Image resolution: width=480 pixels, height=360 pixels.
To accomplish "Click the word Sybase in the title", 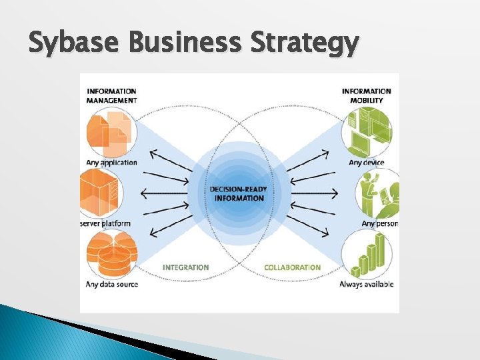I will click(x=75, y=45).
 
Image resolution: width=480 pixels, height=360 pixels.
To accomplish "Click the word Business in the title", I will click(x=189, y=44).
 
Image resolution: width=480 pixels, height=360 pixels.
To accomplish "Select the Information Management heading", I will click(x=111, y=95).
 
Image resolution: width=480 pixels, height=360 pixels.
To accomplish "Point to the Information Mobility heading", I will click(x=367, y=95).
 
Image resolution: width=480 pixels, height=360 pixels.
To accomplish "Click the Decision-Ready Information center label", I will click(x=239, y=193).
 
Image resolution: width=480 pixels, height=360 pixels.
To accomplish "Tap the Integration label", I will click(x=185, y=267).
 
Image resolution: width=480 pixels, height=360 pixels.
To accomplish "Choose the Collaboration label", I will click(x=292, y=267).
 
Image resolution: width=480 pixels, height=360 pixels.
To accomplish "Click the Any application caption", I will click(x=111, y=162).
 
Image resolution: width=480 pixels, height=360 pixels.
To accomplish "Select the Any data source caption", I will click(x=112, y=285).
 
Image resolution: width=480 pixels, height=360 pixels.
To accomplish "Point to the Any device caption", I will click(x=367, y=162).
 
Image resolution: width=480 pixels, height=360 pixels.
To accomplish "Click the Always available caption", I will click(x=367, y=285).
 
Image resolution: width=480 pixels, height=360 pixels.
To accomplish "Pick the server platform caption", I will click(x=105, y=223).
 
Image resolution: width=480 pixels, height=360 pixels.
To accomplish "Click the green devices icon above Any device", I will click(x=367, y=131).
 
